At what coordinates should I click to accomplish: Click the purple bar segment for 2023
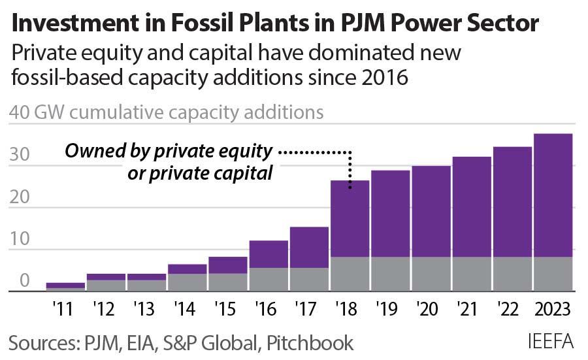click(x=553, y=195)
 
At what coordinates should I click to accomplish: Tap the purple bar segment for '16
click(x=269, y=254)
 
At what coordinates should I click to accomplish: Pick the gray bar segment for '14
click(x=188, y=282)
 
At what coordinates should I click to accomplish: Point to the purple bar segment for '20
click(x=432, y=211)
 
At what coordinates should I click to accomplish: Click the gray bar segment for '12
click(x=106, y=286)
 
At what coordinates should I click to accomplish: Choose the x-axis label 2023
click(x=553, y=307)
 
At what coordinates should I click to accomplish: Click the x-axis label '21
click(x=472, y=307)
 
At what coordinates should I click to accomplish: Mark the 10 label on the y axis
click(x=21, y=239)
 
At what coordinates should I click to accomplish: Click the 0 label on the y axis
click(x=24, y=281)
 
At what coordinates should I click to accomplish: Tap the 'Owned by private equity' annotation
click(x=168, y=152)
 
